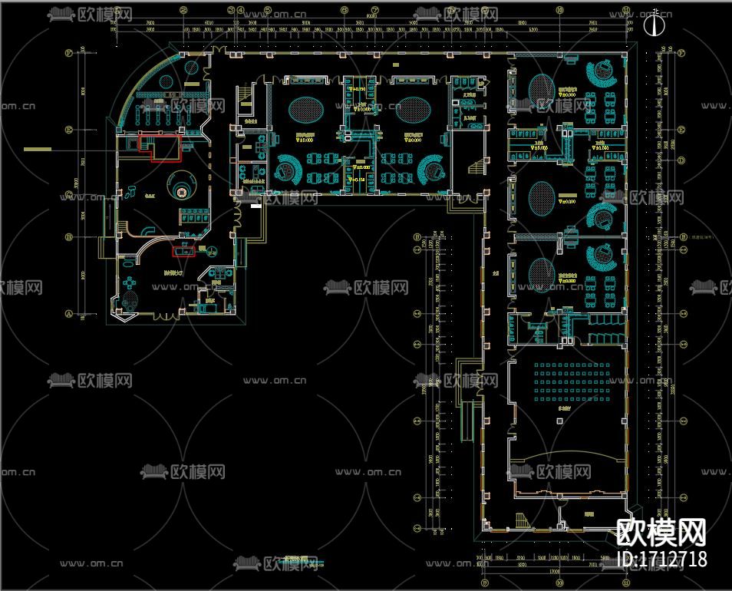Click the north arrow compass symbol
pos(653,25)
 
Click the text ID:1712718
pos(661,559)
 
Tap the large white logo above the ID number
pos(661,531)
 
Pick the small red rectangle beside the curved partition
pos(183,248)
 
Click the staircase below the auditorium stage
pos(522,520)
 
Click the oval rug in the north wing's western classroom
pos(305,107)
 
